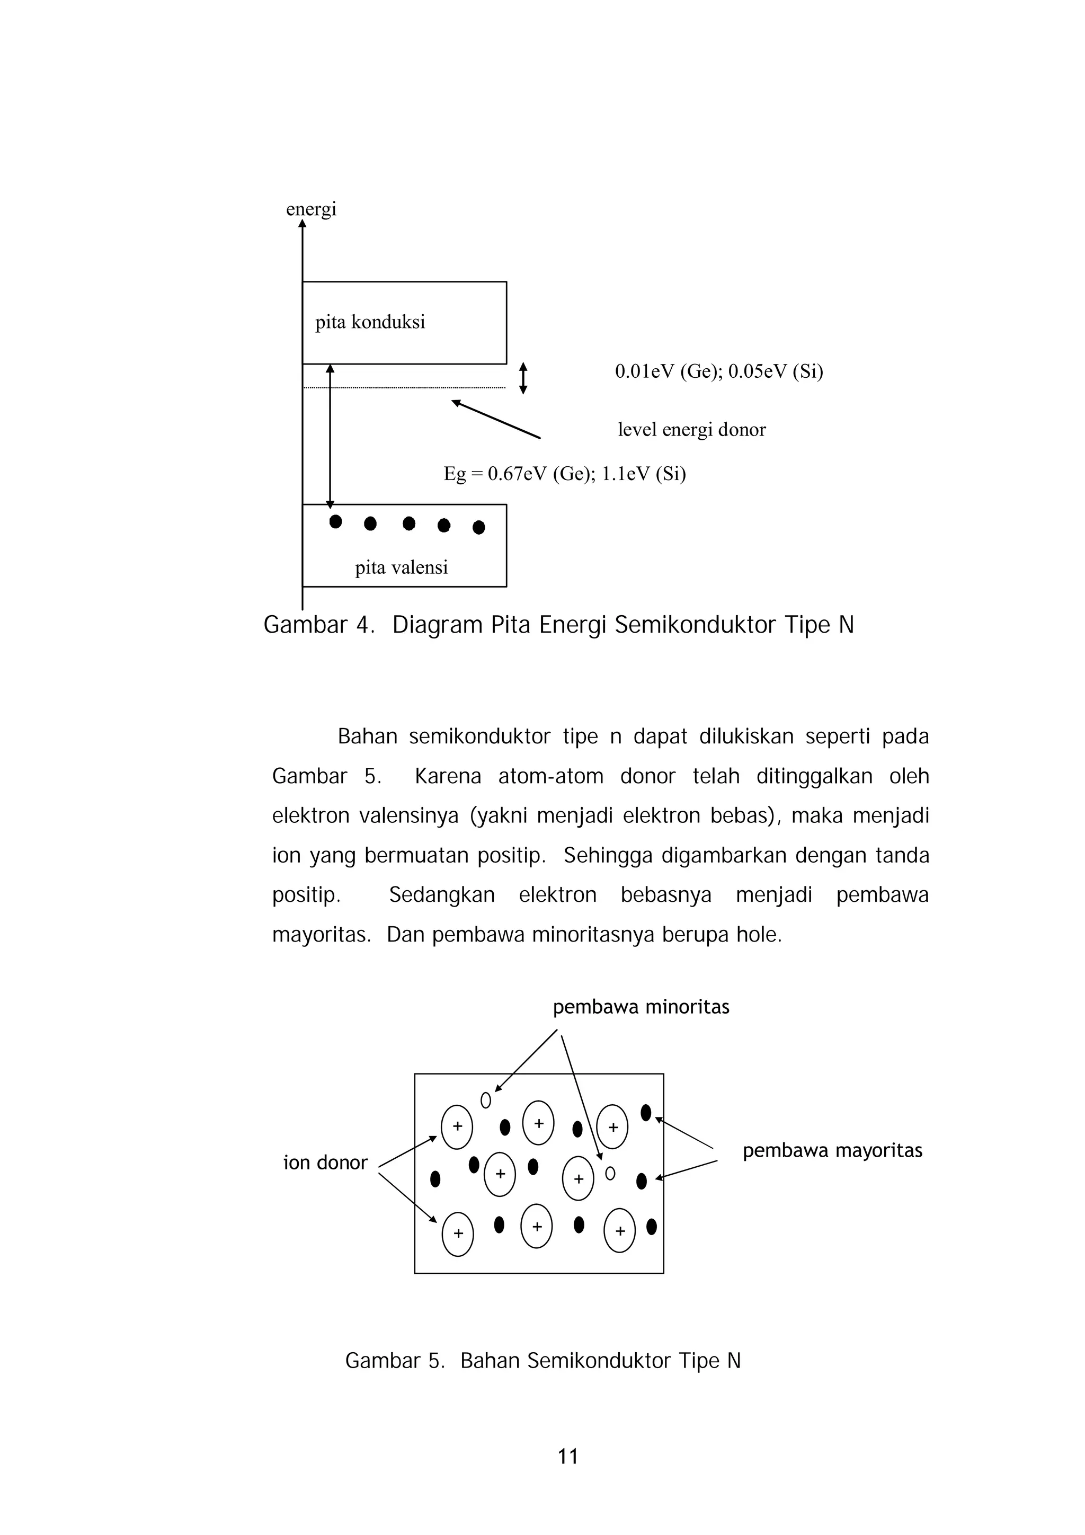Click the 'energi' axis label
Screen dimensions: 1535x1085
(311, 209)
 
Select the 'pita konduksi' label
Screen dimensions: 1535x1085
(370, 322)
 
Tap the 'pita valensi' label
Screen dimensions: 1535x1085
(401, 567)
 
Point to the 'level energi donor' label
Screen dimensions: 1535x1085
(691, 429)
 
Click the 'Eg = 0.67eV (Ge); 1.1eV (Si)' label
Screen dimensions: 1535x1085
(564, 474)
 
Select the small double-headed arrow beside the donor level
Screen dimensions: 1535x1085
(523, 378)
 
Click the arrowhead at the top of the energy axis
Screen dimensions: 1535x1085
(302, 224)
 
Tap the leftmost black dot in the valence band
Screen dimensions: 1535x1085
(335, 521)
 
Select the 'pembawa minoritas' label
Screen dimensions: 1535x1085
(641, 1007)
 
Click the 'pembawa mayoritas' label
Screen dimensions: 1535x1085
(832, 1150)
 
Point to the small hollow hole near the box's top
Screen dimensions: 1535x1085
(486, 1100)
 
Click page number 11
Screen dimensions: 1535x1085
(567, 1456)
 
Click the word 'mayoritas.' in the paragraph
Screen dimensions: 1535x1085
(321, 935)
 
